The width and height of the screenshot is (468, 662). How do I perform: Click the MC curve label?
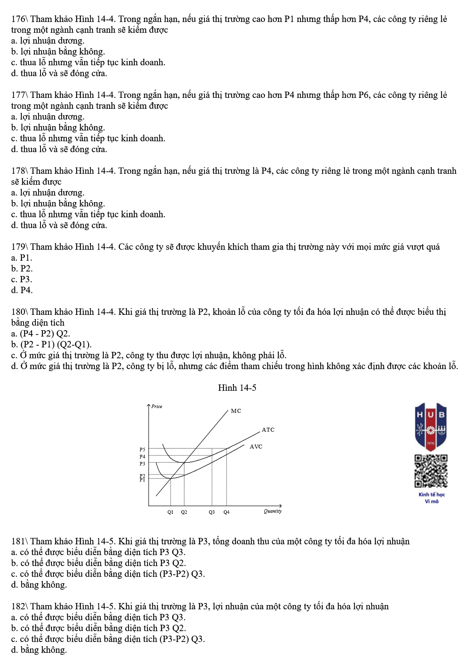(236, 411)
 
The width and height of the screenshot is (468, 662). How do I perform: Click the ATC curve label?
(268, 430)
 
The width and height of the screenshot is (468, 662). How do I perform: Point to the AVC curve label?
(256, 447)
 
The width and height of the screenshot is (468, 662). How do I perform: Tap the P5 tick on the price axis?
(142, 449)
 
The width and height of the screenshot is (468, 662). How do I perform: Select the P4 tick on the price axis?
(142, 456)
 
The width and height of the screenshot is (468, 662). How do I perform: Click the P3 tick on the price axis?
(142, 464)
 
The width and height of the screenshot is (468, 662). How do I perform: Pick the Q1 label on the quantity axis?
(170, 512)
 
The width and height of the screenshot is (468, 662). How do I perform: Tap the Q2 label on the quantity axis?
(184, 512)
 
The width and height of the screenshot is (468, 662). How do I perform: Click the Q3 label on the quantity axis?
(212, 512)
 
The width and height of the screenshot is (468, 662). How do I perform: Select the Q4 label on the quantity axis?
(226, 512)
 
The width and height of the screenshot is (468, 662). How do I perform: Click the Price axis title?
(157, 406)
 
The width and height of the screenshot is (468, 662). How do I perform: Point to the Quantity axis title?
(273, 511)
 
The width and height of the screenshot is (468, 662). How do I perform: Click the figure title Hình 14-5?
(237, 388)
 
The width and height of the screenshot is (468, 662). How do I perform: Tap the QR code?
(431, 471)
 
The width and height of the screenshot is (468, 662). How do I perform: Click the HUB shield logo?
(431, 426)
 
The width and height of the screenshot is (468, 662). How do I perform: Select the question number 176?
(18, 19)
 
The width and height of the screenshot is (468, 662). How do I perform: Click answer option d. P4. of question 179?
(22, 290)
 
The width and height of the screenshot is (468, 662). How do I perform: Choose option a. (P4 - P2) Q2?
(41, 334)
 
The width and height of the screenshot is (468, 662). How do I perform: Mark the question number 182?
(18, 606)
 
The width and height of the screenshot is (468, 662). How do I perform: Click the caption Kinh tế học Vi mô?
(431, 498)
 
